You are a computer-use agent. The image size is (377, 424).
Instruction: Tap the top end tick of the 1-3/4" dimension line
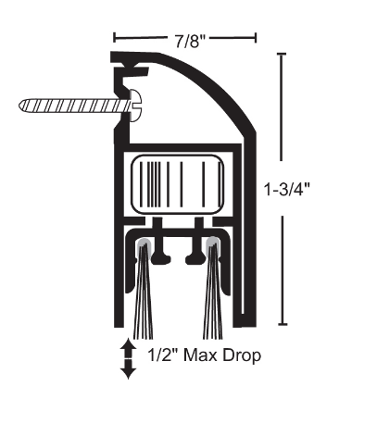281,55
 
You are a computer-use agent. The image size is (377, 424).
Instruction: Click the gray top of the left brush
145,244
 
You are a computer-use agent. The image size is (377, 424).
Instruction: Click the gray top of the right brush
213,244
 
